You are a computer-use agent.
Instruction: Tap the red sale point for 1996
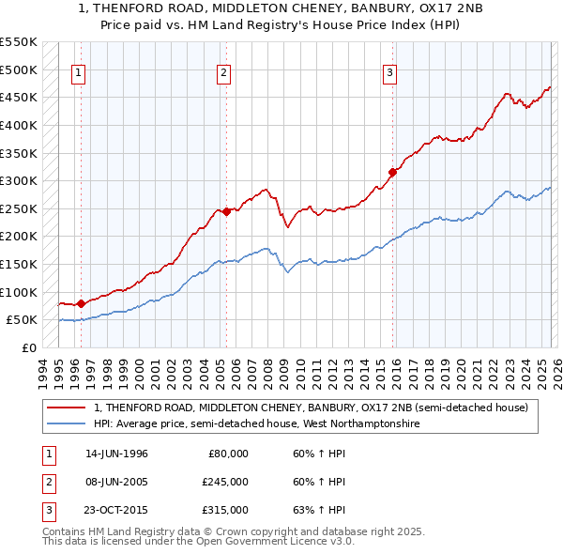coord(81,303)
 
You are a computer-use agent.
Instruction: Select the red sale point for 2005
coord(226,211)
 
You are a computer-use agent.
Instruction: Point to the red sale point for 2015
coord(393,172)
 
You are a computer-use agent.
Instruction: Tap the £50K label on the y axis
coord(22,320)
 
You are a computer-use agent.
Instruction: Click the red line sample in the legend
coord(68,408)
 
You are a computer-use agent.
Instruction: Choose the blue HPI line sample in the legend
coord(68,424)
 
